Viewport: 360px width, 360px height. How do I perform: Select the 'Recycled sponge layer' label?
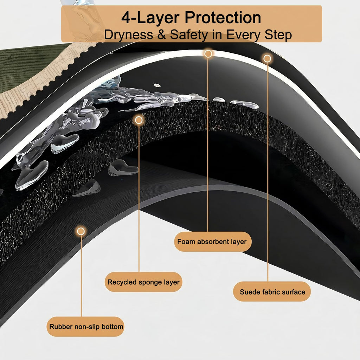point(143,282)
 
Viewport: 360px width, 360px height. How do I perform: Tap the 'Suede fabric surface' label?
point(272,291)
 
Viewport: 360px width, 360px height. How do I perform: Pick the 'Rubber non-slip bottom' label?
point(85,327)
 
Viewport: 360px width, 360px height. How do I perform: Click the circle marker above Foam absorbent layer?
point(208,54)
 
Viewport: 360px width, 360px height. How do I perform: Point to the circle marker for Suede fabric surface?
point(267,59)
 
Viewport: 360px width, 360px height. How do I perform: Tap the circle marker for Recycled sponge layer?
point(139,120)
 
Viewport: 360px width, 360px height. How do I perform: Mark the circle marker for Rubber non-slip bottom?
point(81,231)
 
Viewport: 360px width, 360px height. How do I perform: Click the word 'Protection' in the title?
point(223,18)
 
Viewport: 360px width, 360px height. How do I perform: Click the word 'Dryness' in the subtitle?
point(129,35)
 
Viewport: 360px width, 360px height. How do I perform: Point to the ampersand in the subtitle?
point(162,35)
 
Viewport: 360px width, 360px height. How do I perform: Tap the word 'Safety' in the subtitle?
point(189,35)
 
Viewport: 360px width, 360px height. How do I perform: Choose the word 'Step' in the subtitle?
point(278,35)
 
